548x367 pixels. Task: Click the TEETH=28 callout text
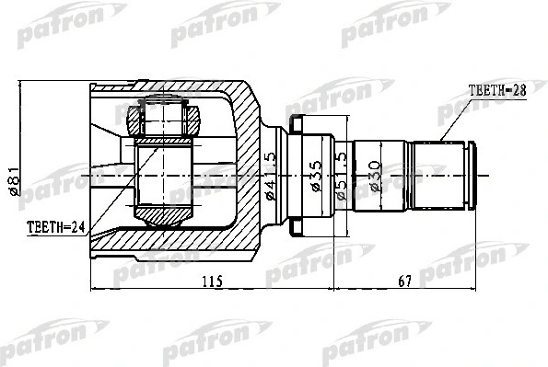(x=496, y=90)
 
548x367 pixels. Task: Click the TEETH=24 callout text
(x=56, y=227)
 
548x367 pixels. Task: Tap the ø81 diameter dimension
(x=14, y=181)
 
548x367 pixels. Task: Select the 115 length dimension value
(x=213, y=281)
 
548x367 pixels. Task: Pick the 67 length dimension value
(x=405, y=281)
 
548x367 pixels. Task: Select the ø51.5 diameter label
(x=341, y=176)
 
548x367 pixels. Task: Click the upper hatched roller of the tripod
(x=164, y=120)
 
